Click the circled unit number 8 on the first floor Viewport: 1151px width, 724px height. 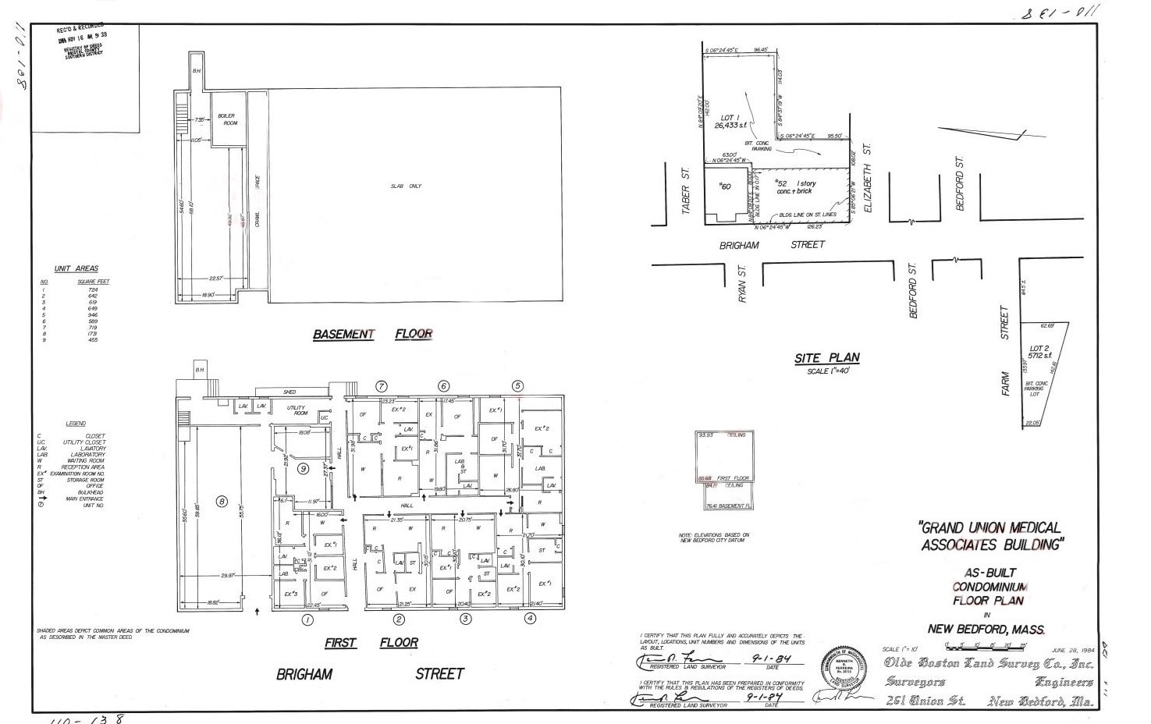222,502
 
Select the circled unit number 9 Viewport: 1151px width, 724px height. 303,468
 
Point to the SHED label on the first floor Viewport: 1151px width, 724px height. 290,392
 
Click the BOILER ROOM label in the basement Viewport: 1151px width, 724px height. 226,119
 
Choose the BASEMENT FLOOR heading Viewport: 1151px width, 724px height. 372,334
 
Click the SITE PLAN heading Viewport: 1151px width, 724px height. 827,358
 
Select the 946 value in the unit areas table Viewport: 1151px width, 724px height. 93,314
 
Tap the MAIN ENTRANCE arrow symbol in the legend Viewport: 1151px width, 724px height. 41,499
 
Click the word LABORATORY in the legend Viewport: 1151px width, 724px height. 91,455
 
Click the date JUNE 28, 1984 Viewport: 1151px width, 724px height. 1073,650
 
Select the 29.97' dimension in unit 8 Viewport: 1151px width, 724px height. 228,576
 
